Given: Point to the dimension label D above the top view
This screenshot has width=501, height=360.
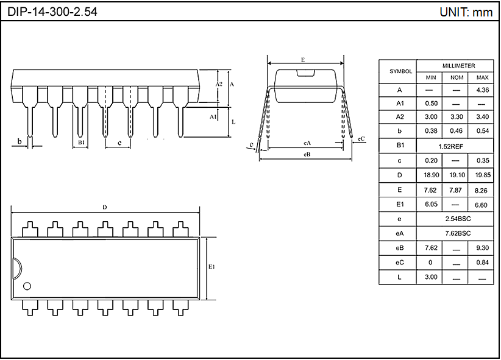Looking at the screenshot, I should (105, 207).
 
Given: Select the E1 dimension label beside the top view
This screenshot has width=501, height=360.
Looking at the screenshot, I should (212, 267).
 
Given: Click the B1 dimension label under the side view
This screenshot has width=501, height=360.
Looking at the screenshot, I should (80, 143).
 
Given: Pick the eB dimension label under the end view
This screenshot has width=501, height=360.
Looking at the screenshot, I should (307, 155).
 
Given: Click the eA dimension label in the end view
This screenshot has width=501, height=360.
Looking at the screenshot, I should (307, 143).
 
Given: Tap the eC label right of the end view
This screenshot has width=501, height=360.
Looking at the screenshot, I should (361, 139).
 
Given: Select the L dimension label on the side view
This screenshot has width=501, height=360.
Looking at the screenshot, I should (233, 122).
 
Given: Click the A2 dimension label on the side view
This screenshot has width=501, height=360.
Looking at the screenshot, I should (219, 83).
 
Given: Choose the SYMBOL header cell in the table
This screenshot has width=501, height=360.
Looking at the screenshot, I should (400, 71).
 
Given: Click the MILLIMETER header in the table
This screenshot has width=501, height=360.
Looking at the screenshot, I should (458, 66).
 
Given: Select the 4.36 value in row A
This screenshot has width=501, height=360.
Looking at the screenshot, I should (482, 90).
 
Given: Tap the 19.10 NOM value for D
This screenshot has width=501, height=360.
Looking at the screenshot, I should (457, 175).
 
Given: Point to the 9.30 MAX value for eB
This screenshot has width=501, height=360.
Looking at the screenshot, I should (482, 248).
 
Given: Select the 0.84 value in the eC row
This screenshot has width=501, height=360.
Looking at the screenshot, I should (482, 263).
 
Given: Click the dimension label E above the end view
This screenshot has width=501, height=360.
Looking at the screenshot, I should (303, 60).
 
